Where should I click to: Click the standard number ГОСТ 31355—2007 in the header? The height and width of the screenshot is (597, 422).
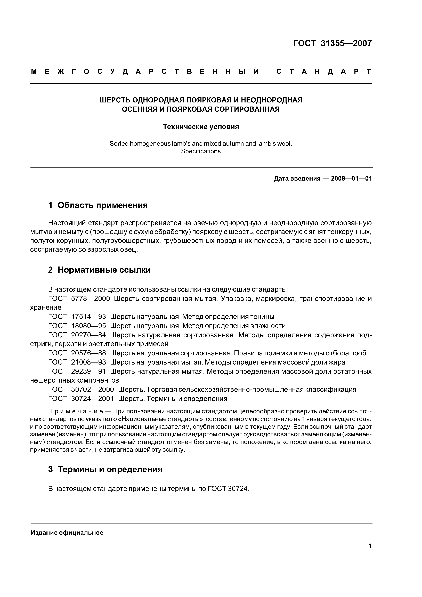coord(332,43)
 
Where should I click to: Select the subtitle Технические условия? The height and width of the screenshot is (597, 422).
coord(201,127)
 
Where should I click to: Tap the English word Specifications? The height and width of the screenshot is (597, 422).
coord(201,151)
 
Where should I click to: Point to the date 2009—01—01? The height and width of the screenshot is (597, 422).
coord(351,179)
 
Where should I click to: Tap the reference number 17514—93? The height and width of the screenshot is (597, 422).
coord(88,317)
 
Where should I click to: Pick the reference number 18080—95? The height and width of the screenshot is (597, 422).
coord(88,326)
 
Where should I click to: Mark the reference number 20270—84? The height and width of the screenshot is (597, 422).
coord(88,335)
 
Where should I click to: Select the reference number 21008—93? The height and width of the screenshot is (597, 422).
coord(88,362)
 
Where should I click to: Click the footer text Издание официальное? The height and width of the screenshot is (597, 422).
coord(67,533)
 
